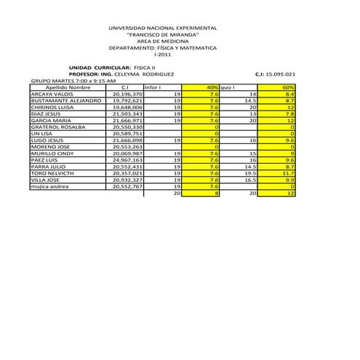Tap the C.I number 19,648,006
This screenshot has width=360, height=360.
pos(128,107)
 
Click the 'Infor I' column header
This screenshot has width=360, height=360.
pos(153,87)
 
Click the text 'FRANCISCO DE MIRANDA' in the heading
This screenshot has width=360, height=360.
pos(162,34)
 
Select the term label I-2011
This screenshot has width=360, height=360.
pos(163,55)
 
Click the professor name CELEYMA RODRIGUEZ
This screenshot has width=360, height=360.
pos(144,74)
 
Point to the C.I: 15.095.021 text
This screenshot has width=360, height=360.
pos(276,74)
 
